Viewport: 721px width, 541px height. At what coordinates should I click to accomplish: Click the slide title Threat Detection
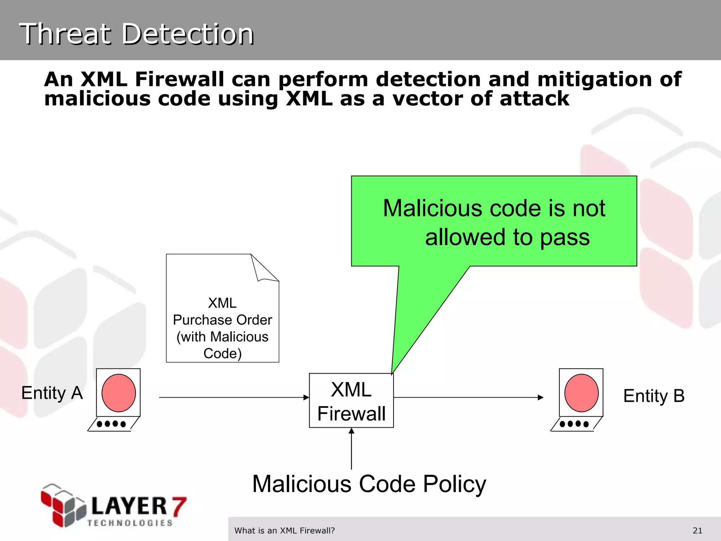click(137, 34)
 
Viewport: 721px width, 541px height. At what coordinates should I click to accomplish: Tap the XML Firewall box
click(351, 400)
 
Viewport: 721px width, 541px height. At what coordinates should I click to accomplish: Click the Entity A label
click(52, 393)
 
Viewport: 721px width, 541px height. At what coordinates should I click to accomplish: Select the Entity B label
click(654, 396)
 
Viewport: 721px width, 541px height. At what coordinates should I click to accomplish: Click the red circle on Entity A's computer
click(119, 393)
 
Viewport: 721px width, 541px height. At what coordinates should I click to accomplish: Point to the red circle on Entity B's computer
click(581, 393)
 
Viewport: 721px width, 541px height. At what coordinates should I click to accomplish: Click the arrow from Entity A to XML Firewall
click(232, 397)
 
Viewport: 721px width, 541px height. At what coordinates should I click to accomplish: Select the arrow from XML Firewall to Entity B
click(468, 397)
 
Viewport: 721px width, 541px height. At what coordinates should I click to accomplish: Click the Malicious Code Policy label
click(369, 484)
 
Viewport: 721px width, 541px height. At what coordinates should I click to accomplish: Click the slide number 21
click(697, 530)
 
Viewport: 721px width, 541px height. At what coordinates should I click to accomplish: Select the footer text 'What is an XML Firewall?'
click(284, 530)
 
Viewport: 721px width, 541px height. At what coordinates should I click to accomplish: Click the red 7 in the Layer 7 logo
click(178, 506)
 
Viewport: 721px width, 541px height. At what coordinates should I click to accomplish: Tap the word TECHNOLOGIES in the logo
click(130, 523)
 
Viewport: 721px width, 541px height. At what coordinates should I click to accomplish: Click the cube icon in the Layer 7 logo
click(63, 505)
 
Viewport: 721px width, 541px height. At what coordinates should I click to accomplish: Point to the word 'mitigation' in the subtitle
click(595, 79)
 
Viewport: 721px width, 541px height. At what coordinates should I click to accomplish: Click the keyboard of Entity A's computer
click(112, 424)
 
